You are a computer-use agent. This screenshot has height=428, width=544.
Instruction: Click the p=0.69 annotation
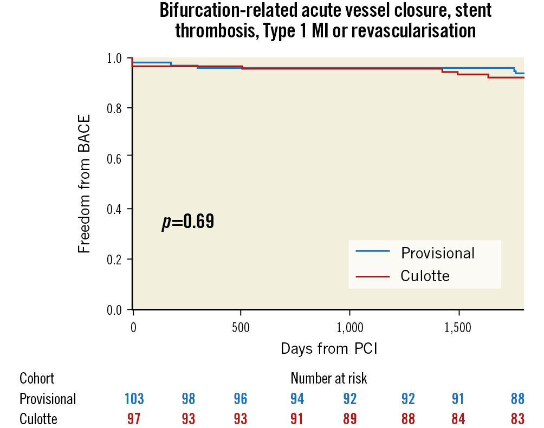pos(187,221)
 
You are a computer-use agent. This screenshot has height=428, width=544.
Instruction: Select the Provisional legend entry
pos(437,253)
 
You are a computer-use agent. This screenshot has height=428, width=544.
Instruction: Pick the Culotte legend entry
pos(425,276)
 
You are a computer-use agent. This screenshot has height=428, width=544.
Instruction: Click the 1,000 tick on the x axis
pos(349,328)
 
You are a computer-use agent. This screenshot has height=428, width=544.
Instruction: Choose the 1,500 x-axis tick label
pos(458,328)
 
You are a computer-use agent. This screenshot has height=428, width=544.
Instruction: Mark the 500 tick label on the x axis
pos(240,328)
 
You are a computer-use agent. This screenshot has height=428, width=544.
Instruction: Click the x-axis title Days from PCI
pos(329,349)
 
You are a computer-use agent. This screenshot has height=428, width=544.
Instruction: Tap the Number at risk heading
pos(329,378)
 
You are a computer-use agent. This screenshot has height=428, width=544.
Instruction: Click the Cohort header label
pos(37,378)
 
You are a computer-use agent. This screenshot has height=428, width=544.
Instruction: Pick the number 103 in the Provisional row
pos(134,399)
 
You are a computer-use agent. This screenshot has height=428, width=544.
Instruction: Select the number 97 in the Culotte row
pos(134,419)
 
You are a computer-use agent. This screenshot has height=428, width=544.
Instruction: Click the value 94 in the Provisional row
pos(297,399)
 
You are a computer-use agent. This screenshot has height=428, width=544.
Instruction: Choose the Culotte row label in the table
pos(38,419)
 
